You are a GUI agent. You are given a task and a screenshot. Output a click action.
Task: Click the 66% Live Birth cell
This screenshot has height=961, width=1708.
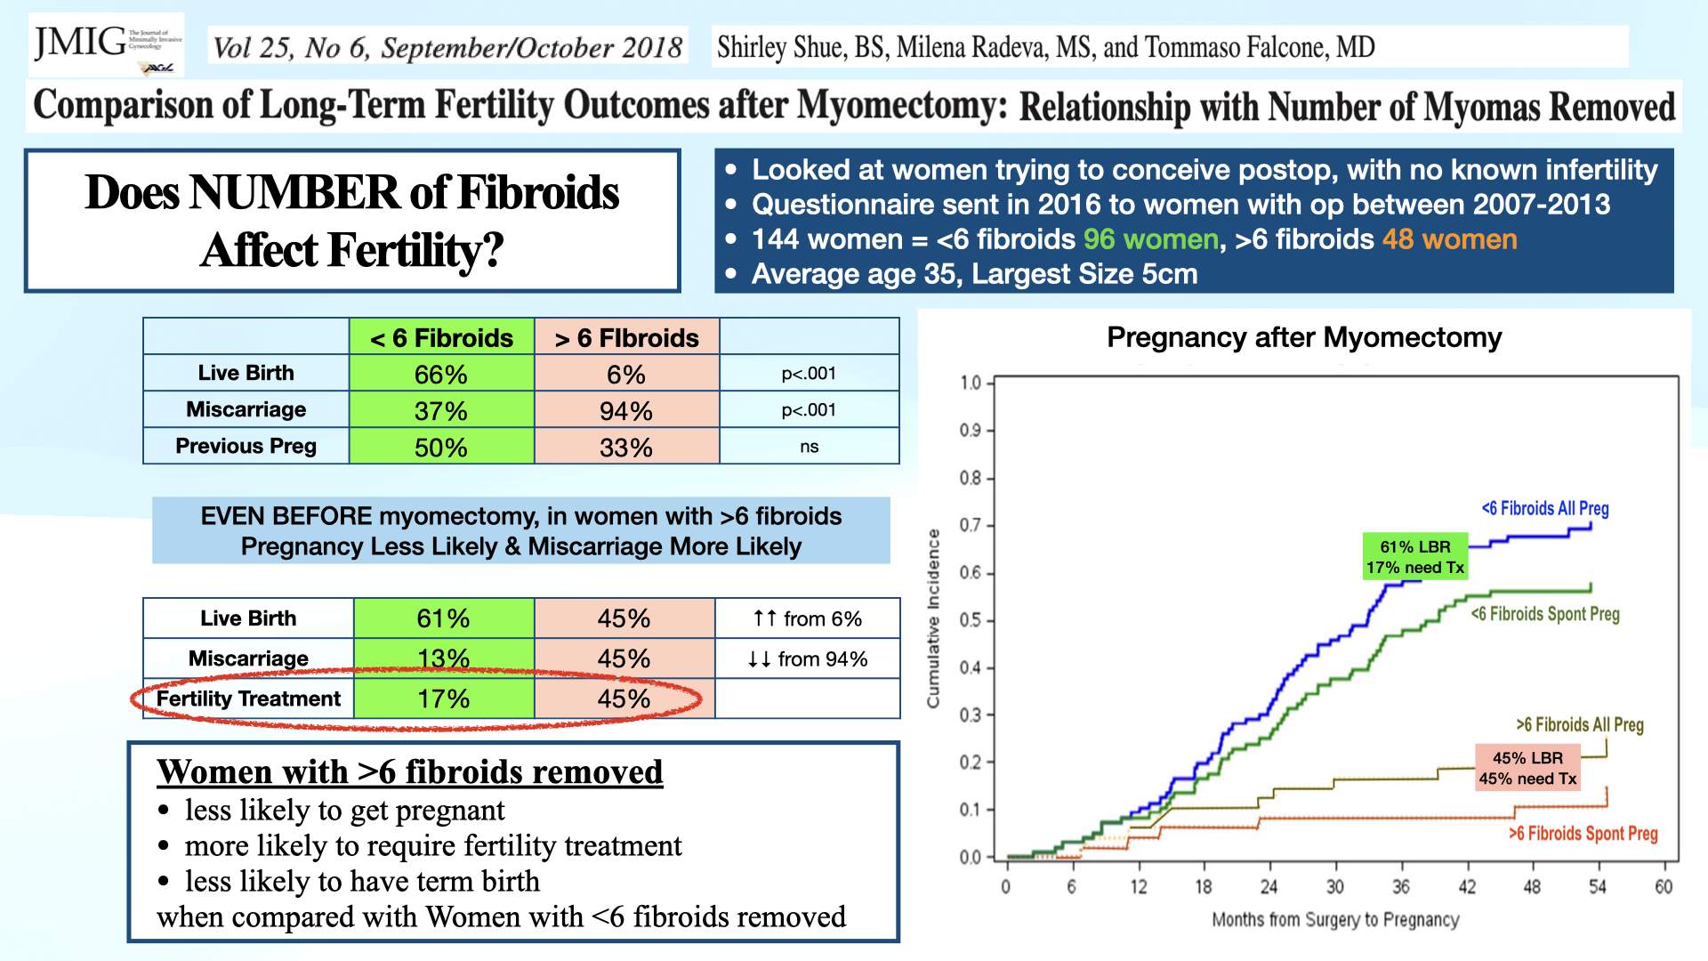tap(441, 375)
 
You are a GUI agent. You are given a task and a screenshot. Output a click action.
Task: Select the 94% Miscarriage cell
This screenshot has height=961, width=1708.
tap(625, 411)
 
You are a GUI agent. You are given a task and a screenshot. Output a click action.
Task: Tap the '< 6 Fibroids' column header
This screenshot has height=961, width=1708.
tap(441, 338)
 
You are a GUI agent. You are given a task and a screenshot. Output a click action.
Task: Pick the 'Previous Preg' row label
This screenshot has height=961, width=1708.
tap(246, 446)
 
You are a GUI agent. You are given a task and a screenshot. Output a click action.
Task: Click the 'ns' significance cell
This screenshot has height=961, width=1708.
tap(809, 447)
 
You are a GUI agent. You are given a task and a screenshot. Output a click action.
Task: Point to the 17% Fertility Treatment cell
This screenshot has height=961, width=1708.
tap(443, 699)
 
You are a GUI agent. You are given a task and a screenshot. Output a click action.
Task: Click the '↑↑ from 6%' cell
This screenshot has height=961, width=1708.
tap(807, 618)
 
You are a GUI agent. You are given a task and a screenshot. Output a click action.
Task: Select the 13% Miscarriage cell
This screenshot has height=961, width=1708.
tap(443, 658)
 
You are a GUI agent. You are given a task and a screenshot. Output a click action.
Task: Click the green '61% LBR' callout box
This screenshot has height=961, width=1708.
tap(1414, 557)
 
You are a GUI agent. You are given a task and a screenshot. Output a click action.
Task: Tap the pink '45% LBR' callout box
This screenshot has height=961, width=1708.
tap(1527, 768)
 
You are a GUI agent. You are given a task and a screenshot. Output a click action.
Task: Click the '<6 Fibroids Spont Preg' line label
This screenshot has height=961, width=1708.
tap(1545, 614)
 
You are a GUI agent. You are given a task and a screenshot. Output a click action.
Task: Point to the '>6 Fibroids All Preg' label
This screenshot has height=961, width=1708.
tap(1579, 724)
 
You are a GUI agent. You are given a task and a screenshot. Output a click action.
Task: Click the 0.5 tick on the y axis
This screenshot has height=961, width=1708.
tap(970, 620)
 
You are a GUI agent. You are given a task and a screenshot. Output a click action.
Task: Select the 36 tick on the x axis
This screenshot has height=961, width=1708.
tap(1401, 886)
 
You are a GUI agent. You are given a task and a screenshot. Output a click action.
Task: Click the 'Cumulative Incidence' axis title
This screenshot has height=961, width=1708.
tap(933, 618)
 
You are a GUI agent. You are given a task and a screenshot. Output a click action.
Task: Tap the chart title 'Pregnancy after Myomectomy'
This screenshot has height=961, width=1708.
tap(1303, 337)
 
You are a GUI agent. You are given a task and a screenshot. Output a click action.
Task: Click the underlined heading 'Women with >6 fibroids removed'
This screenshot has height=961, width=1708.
tap(409, 771)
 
